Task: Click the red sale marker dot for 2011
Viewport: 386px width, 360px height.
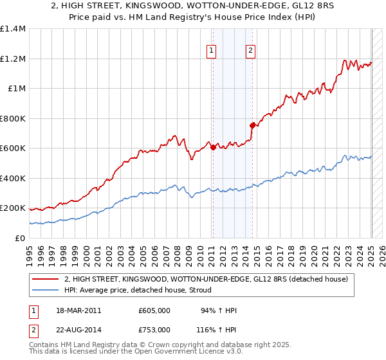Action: click(213, 148)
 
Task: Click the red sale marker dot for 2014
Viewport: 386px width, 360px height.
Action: click(252, 125)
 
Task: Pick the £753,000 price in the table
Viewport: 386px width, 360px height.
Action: click(154, 330)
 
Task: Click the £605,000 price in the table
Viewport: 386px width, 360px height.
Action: click(154, 311)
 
